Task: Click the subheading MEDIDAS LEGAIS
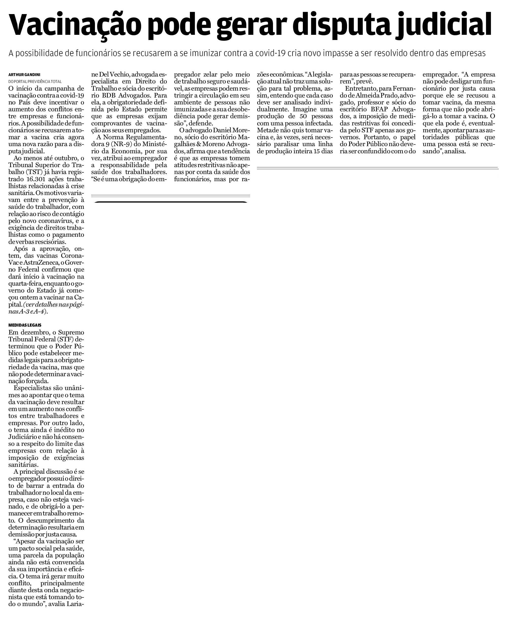(x=25, y=325)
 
